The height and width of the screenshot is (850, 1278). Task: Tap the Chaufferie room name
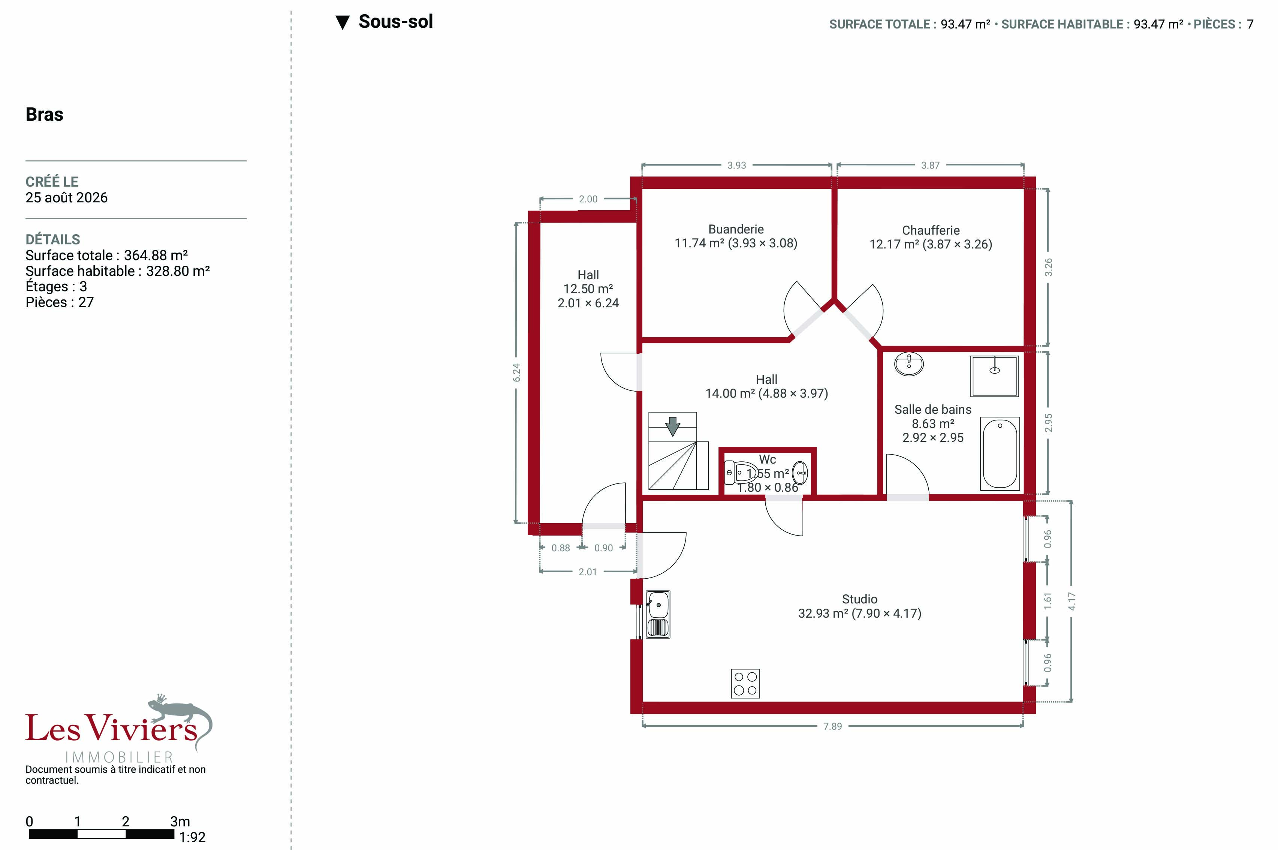coord(931,230)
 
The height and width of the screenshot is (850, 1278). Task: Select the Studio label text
coord(860,599)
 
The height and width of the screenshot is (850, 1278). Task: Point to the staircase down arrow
coord(673,426)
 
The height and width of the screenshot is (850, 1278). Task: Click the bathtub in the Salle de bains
coord(1000,454)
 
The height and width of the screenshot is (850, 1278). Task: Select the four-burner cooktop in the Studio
coord(745,684)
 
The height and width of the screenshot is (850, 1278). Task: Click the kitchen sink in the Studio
coord(657,614)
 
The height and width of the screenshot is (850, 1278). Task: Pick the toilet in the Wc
coord(741,473)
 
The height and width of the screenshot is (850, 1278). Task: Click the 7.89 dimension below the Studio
coord(832,726)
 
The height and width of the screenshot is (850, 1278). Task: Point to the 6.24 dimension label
coord(516,373)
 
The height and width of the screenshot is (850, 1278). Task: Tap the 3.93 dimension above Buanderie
coord(736,165)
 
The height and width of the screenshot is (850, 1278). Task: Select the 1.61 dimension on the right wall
coord(1048,601)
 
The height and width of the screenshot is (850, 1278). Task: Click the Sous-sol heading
coord(396,22)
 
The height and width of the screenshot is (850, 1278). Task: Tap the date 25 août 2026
coord(67,198)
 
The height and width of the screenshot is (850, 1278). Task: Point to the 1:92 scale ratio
coord(192,838)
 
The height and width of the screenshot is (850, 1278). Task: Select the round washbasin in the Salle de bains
coord(909,364)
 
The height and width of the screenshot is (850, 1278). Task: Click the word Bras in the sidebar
coord(45,114)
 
